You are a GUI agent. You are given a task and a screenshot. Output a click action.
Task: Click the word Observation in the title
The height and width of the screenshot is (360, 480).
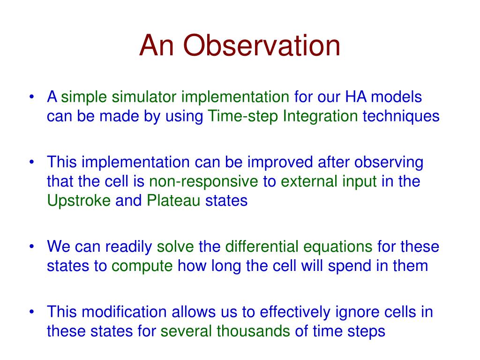[262, 45]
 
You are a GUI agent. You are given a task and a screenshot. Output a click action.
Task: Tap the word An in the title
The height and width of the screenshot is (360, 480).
[157, 45]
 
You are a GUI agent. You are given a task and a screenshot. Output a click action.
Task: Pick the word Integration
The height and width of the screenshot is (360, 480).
[320, 117]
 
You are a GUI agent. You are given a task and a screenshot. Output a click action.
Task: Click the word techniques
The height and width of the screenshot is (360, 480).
[401, 117]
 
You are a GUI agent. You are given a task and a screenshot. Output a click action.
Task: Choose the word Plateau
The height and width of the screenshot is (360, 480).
[173, 201]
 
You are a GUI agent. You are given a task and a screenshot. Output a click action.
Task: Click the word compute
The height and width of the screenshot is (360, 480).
[142, 266]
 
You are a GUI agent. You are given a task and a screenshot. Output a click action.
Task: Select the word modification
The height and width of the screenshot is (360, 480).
[124, 312]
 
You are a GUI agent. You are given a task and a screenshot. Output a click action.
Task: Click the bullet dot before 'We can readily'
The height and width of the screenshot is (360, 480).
[31, 247]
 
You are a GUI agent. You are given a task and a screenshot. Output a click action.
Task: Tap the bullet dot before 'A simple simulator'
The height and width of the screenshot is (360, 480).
[31, 97]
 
